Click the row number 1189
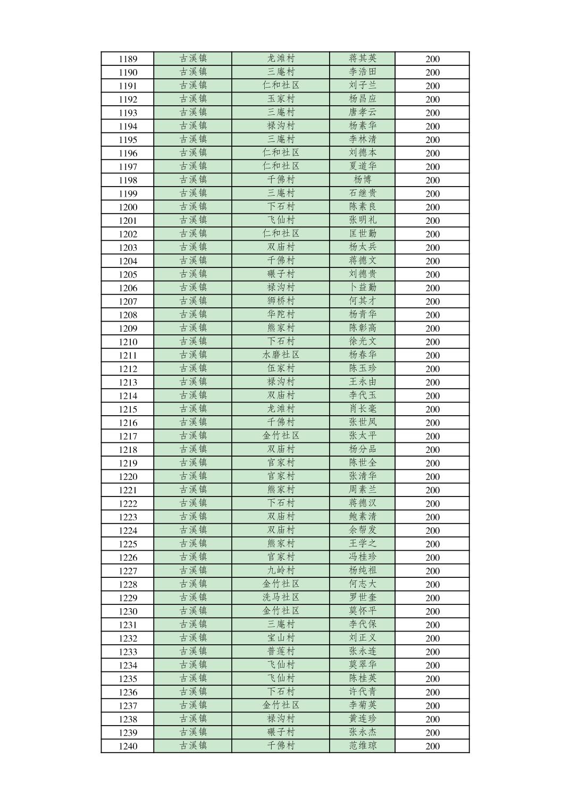tap(128, 59)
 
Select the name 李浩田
tap(363, 72)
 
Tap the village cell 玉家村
tap(281, 99)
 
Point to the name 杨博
tap(363, 180)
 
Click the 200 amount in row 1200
tap(432, 207)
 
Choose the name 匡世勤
tap(363, 233)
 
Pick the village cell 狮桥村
tap(281, 301)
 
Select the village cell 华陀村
tap(281, 314)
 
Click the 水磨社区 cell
tap(281, 355)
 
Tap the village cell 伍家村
tap(281, 368)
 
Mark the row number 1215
tap(128, 409)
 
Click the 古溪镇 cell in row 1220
tap(193, 476)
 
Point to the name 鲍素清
tap(363, 516)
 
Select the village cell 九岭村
tap(281, 570)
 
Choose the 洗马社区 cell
tap(281, 597)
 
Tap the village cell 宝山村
tap(281, 638)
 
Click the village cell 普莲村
tap(281, 651)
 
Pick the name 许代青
tap(363, 692)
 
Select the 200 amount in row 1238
tap(432, 719)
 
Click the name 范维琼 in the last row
tap(363, 746)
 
